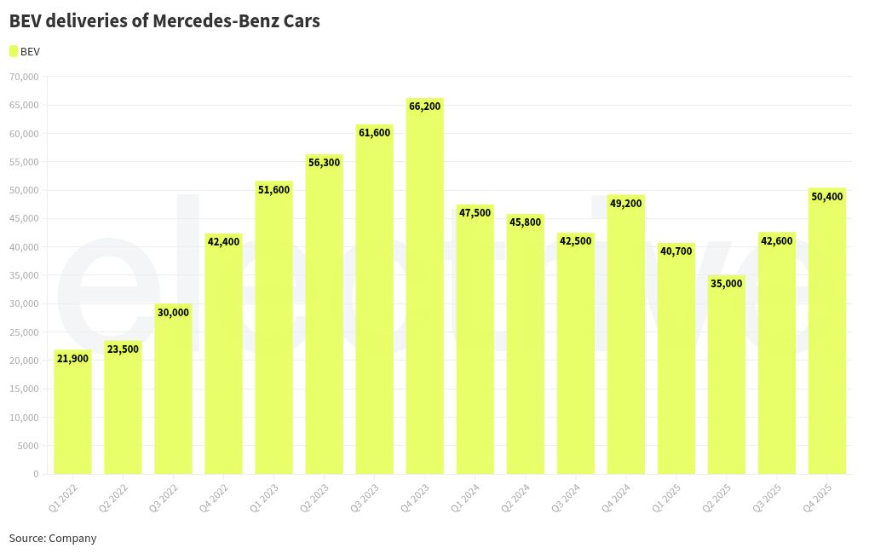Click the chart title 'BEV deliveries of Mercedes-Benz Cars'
click(x=164, y=21)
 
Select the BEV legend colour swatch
click(x=14, y=51)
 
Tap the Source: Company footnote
click(x=53, y=538)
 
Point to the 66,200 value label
click(x=424, y=107)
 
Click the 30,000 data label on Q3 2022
click(x=173, y=312)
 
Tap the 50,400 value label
click(x=826, y=197)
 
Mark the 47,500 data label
click(x=475, y=213)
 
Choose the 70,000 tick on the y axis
click(x=24, y=77)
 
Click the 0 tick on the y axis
click(x=36, y=474)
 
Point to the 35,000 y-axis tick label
click(x=24, y=275)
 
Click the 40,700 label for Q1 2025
click(x=676, y=251)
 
